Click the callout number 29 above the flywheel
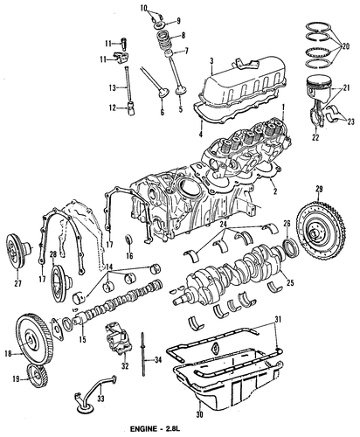[319, 189]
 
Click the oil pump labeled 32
[119, 338]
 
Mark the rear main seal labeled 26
[291, 247]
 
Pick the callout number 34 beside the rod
[157, 360]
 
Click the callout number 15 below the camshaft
[83, 340]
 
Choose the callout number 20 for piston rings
[346, 46]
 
